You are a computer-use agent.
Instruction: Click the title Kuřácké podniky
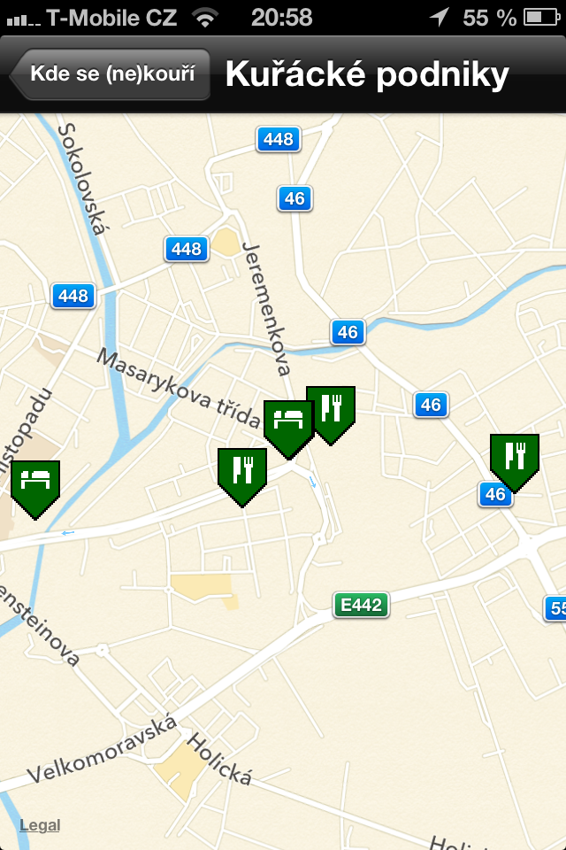367,74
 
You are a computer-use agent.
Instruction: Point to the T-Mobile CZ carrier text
111,17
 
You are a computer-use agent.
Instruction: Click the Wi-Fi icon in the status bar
205,17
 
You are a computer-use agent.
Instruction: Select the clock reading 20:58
281,17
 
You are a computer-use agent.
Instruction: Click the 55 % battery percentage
489,17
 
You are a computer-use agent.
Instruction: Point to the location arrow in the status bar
439,17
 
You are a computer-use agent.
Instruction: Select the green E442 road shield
361,606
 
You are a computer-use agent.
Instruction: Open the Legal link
40,825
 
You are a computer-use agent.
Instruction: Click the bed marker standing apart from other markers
34,483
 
